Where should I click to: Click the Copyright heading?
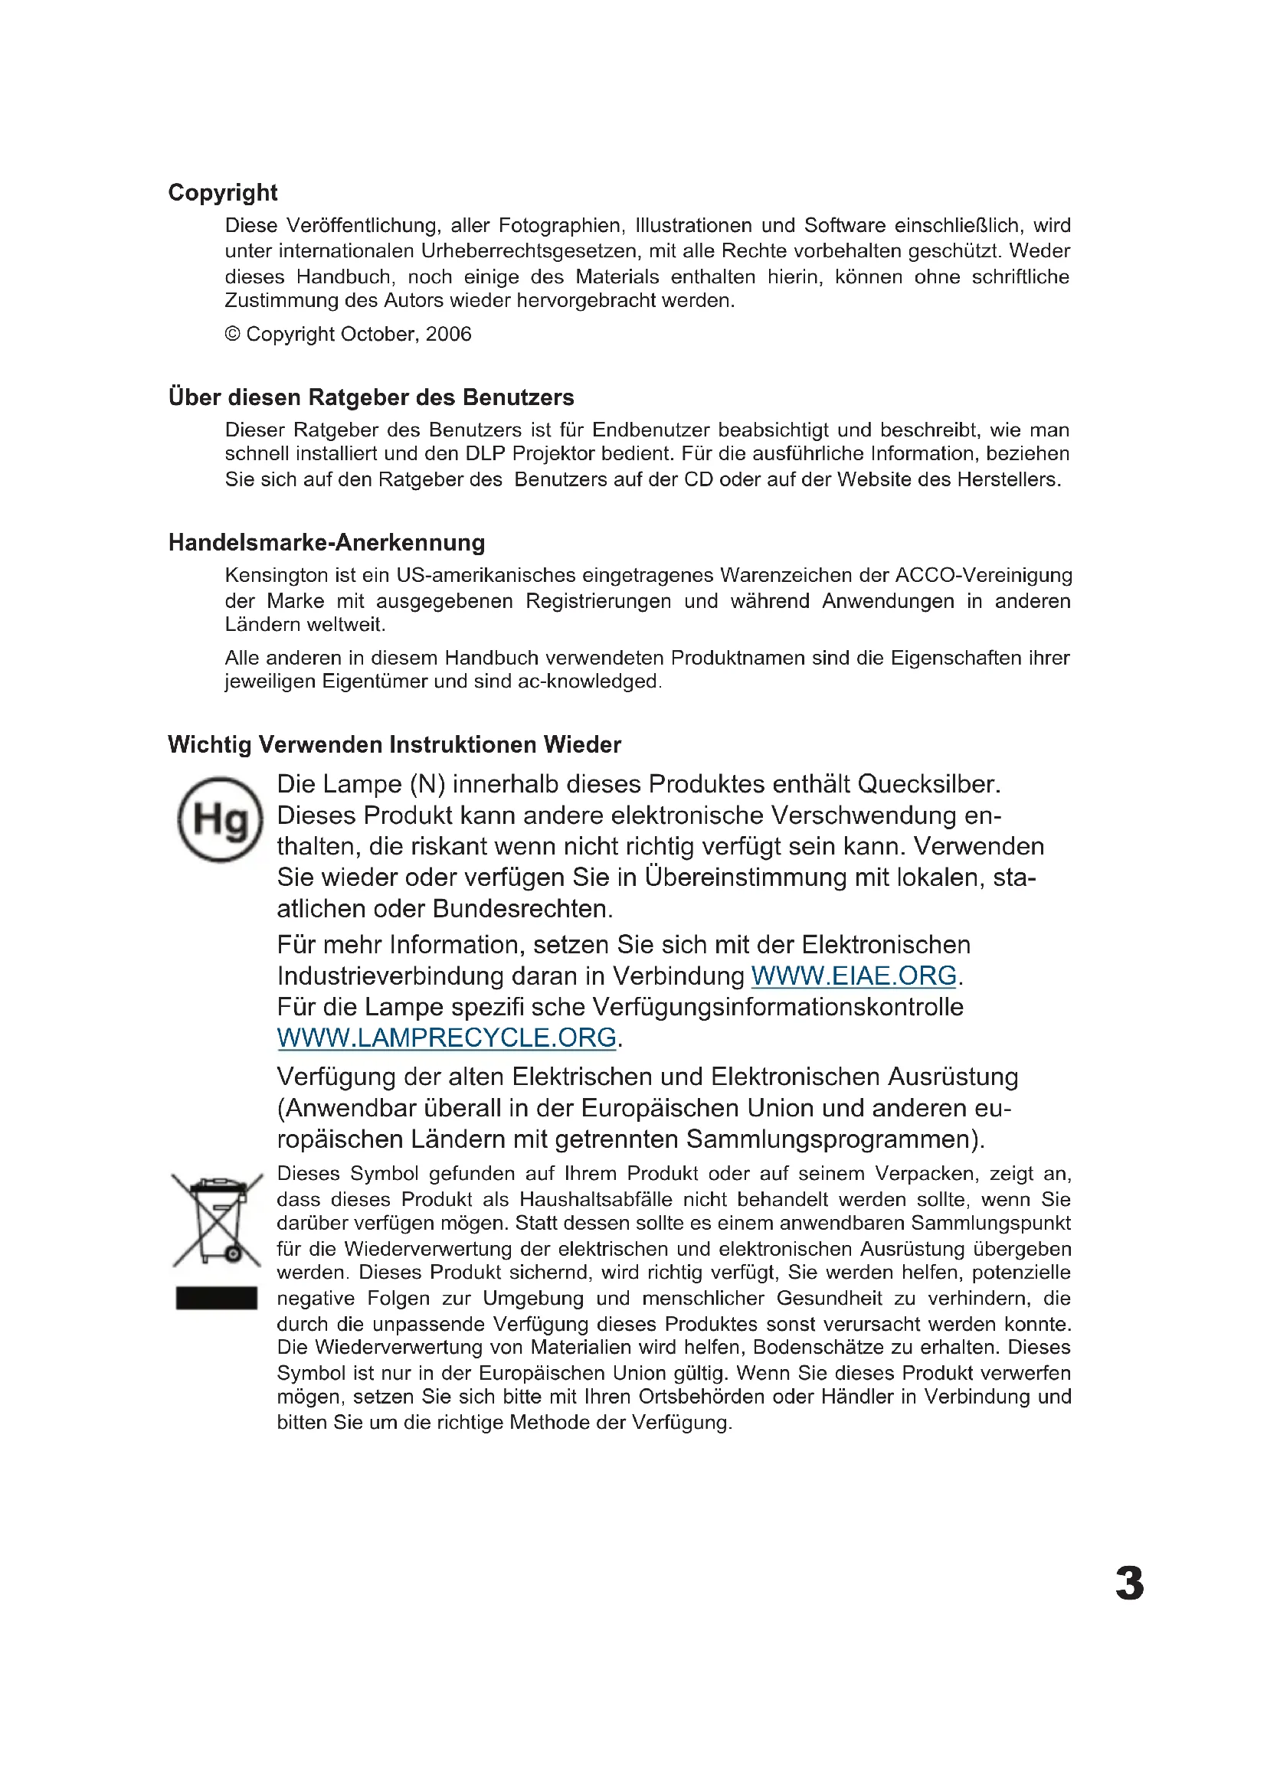222,193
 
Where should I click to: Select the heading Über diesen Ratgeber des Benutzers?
371,398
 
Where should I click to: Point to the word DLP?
485,454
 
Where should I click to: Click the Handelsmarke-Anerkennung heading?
326,543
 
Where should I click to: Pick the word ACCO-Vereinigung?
983,576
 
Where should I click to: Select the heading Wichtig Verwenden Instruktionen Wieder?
394,745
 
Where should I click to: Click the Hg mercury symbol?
220,820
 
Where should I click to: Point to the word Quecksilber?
928,785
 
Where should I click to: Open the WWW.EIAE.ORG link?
853,976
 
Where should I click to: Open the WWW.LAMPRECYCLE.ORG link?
447,1038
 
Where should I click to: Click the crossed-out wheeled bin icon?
217,1221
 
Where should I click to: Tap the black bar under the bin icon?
216,1298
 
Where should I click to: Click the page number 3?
1129,1584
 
